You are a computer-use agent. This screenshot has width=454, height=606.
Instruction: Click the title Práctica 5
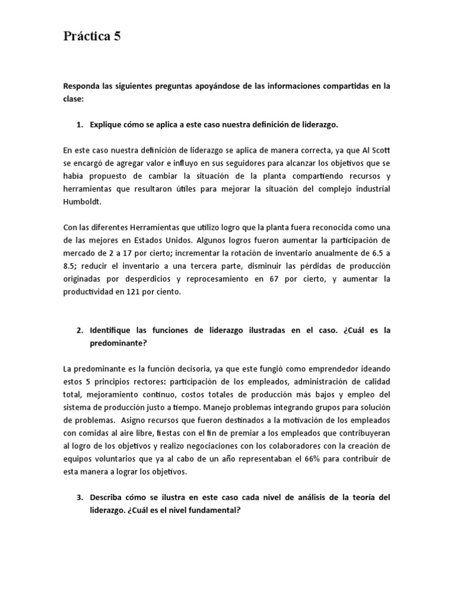tap(92, 37)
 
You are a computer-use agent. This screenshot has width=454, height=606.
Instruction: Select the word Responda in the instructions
tap(82, 86)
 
